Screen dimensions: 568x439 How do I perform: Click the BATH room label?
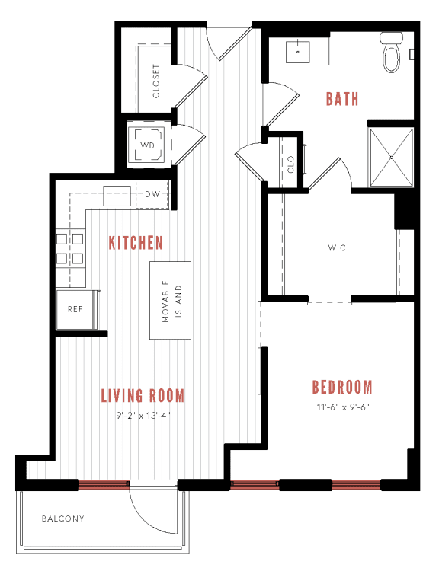(342, 98)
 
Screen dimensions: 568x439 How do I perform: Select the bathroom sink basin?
(296, 52)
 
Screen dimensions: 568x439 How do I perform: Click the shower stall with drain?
(390, 157)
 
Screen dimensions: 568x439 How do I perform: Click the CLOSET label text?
(156, 81)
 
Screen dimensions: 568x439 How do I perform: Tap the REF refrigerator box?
(75, 310)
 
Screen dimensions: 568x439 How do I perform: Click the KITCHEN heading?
(136, 243)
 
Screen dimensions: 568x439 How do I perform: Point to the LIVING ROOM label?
(143, 395)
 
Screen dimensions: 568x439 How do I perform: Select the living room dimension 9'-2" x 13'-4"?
(143, 416)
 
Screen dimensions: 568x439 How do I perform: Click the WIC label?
(338, 248)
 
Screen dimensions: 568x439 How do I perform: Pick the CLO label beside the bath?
(290, 164)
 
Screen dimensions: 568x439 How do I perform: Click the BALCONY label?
(62, 519)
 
